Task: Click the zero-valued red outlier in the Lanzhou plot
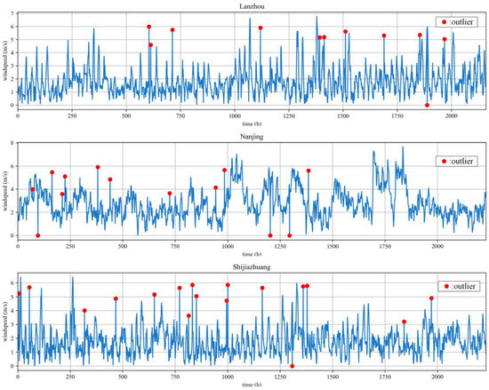428,105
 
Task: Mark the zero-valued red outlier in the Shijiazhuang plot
293,366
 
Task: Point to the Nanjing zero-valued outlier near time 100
37,235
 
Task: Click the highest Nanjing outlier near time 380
98,167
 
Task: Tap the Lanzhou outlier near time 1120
261,28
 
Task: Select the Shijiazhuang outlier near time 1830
404,322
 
